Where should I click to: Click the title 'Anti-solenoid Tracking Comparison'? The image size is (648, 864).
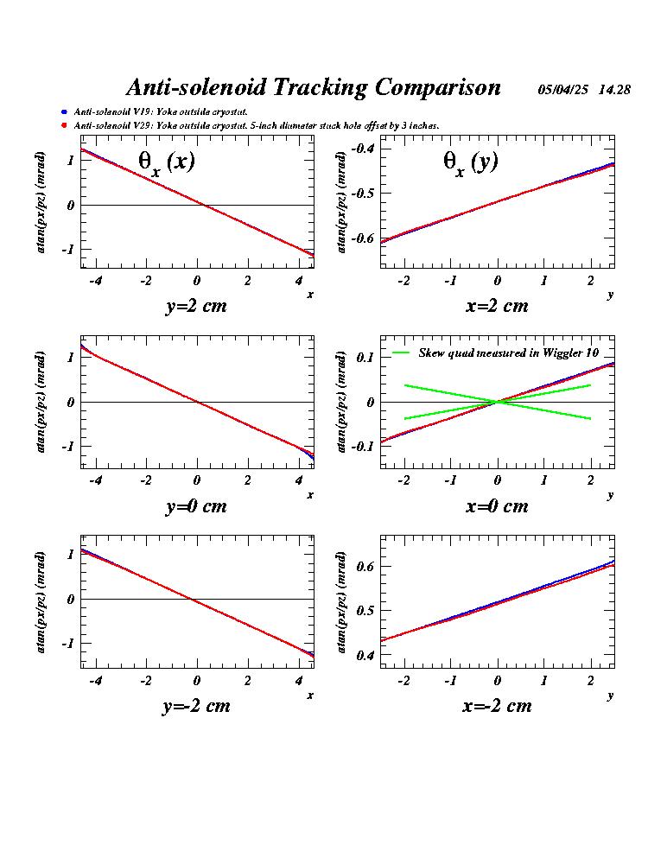(x=313, y=87)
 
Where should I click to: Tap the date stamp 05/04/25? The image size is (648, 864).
(x=563, y=90)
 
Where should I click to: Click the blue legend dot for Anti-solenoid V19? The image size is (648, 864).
(x=64, y=112)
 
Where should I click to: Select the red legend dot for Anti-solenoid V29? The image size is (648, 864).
(x=64, y=126)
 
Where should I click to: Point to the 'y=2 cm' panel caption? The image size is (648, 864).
(x=196, y=306)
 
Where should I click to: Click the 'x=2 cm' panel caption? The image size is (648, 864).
(x=497, y=306)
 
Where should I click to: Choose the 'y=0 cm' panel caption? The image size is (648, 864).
(x=196, y=506)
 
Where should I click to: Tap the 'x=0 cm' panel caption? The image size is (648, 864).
(x=497, y=506)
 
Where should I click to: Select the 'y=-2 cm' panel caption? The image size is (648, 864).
(x=196, y=706)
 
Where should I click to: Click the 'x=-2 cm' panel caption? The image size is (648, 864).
(x=497, y=706)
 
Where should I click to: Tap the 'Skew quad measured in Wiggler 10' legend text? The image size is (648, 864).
(x=508, y=353)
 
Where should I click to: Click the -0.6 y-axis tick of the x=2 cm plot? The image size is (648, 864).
(x=362, y=238)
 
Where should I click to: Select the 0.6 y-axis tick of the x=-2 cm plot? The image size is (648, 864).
(x=365, y=566)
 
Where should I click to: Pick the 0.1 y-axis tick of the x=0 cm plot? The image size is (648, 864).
(x=365, y=357)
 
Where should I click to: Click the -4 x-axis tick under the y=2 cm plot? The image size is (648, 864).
(x=95, y=280)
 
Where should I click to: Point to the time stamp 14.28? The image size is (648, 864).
(x=614, y=90)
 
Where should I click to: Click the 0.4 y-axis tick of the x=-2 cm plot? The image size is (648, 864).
(x=365, y=656)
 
